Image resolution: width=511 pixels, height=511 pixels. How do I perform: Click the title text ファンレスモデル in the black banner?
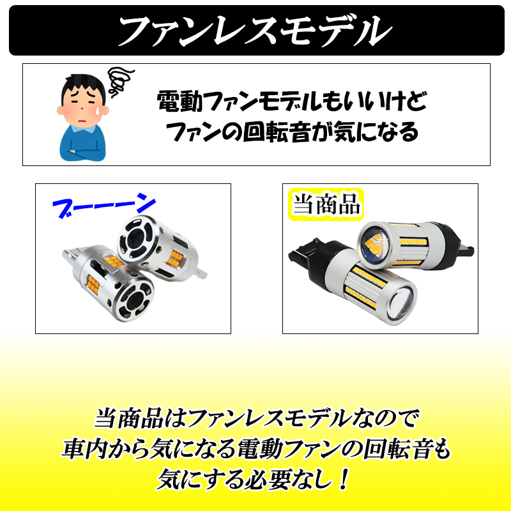[x=256, y=30]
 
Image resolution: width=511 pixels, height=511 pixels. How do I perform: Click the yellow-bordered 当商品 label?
[x=326, y=204]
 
